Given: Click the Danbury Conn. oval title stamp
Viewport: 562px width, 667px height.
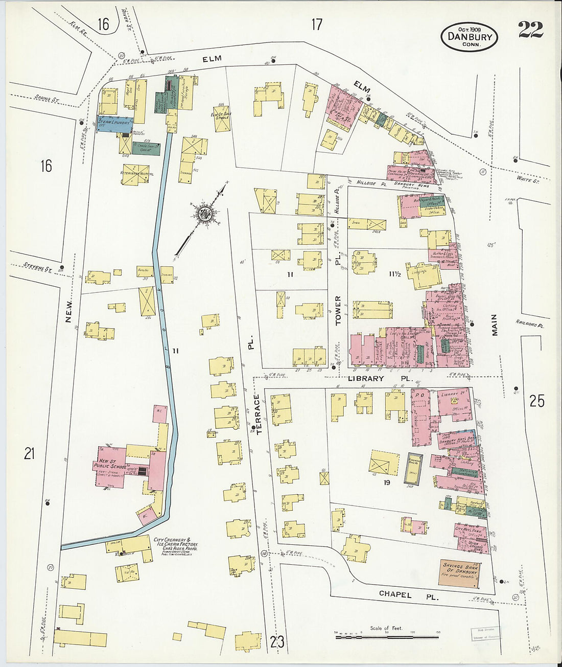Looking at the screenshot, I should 469,36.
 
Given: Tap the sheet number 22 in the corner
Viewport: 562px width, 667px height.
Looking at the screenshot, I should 530,30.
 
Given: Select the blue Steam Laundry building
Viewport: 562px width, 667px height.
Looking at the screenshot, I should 115,123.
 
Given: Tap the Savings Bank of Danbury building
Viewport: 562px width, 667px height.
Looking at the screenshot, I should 459,572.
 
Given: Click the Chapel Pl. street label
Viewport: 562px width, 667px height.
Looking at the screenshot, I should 408,595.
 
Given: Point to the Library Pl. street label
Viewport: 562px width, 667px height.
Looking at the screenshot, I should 380,379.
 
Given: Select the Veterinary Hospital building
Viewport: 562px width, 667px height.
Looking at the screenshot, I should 136,174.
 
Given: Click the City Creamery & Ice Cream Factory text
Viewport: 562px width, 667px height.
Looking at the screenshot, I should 175,543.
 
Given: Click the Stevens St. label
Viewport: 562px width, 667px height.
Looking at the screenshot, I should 38,266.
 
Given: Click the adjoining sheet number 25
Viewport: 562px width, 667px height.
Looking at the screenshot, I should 536,401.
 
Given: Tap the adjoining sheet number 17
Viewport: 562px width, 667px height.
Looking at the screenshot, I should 317,24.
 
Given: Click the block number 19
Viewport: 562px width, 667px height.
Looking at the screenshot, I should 387,481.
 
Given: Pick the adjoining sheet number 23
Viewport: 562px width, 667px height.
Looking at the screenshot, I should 277,642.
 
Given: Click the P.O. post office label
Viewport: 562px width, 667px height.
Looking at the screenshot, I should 420,395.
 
